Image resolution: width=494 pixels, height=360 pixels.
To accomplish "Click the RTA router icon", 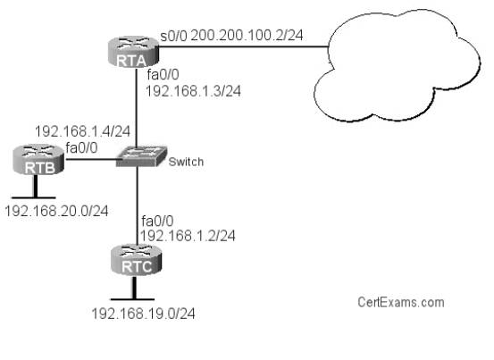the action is pos(132,52).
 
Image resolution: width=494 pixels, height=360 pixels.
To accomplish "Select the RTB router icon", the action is pos(38,159).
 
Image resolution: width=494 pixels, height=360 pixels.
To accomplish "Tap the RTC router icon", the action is pos(137,260).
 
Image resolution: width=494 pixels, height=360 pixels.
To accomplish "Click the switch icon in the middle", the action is pos(141,156).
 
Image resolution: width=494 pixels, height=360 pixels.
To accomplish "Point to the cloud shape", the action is pos(397,65).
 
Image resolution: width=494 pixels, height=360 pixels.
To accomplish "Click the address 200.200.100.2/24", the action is pos(247,35).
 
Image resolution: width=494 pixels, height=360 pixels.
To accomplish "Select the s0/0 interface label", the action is pos(174,36).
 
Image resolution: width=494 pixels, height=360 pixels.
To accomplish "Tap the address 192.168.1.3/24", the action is pos(193,91).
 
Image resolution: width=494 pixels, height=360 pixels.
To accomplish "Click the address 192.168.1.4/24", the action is pos(82,131).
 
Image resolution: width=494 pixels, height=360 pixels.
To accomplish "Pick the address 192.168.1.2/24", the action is pos(188,236).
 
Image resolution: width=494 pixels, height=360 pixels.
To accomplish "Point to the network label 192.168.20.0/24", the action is pos(56,211).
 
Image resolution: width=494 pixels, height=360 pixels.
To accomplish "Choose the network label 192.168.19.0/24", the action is pos(143,314).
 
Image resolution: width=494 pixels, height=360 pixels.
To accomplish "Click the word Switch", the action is pos(186,162).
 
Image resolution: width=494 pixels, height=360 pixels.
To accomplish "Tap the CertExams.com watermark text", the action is pos(401,302).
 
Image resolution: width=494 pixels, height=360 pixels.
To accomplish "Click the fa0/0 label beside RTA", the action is pos(163,75).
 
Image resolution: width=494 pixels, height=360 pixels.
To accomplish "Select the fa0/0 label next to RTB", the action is pos(81,147).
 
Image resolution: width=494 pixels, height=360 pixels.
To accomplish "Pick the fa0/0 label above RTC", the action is pos(157,222).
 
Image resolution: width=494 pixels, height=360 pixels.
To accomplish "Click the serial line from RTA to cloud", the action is pos(243,46).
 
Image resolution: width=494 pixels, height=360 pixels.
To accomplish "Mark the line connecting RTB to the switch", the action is pos(91,159).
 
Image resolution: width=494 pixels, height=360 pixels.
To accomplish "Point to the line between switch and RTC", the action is pos(137,205).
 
